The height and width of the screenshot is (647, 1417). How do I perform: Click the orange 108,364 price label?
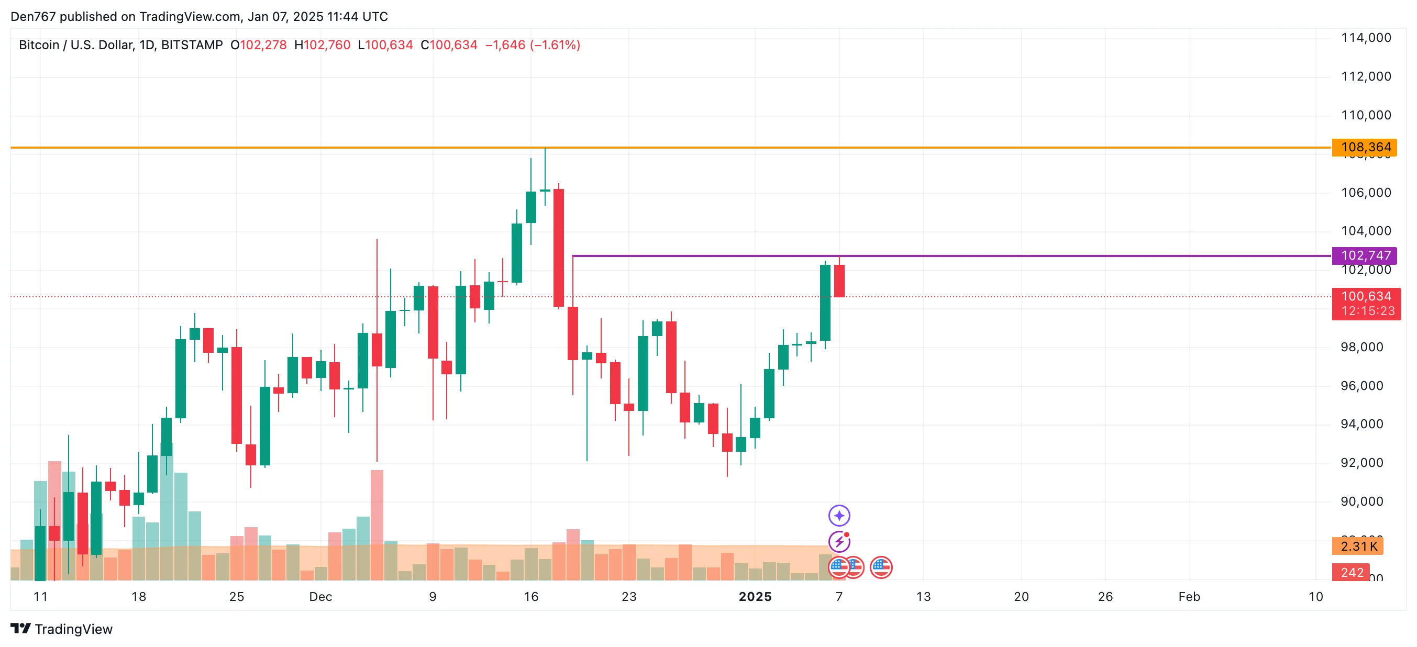coord(1365,147)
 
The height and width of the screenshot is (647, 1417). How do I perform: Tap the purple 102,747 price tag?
coord(1365,255)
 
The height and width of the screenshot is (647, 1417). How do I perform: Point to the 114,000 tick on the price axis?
coord(1366,38)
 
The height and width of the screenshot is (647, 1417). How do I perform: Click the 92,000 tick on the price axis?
coord(1361,463)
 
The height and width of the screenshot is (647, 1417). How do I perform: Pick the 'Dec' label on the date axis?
coord(320,597)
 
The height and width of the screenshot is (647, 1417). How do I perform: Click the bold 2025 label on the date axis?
coord(755,597)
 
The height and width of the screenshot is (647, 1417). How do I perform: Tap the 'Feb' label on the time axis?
coord(1189,597)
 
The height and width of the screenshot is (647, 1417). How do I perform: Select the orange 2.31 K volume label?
coord(1358,546)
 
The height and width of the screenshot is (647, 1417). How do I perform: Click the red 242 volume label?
coord(1352,573)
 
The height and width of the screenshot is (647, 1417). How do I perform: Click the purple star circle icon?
coord(839,516)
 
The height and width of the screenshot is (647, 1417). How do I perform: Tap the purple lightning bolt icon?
coord(839,542)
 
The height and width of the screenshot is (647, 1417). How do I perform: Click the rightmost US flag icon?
coord(881,568)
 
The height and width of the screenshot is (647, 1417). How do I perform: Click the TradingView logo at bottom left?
coord(61,629)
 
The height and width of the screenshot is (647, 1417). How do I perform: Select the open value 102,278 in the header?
coord(263,45)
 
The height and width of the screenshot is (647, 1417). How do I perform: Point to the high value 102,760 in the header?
coord(327,45)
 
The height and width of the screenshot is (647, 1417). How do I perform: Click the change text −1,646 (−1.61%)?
coord(532,45)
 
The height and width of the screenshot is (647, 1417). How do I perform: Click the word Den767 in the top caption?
coord(33,17)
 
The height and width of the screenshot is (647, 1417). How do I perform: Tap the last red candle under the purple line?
coord(839,281)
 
